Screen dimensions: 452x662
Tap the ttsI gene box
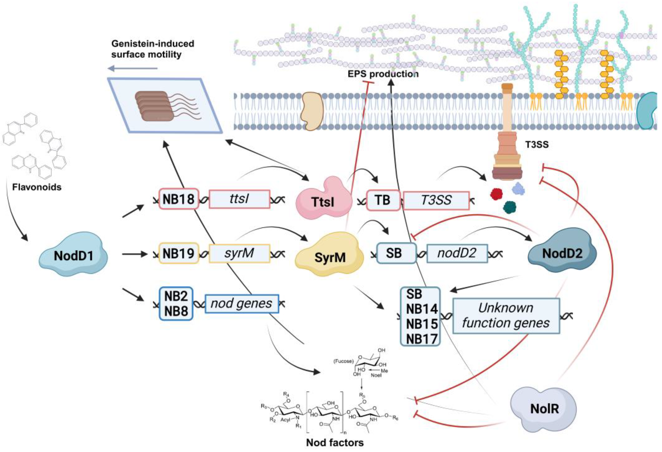coord(239,199)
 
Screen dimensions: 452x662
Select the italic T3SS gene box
coord(436,200)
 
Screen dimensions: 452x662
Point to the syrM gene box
coord(239,253)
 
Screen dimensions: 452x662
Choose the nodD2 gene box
coord(457,253)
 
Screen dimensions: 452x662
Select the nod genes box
coord(241,303)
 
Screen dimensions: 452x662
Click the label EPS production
coord(383,74)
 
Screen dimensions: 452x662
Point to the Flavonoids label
coord(37,187)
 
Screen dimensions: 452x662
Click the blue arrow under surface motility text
coord(132,68)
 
